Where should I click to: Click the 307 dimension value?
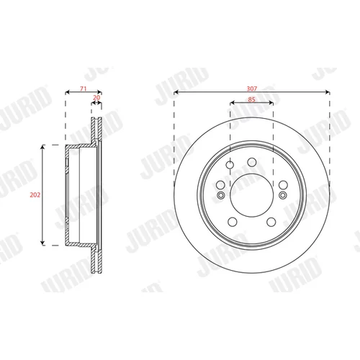[252, 89]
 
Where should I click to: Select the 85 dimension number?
[251, 99]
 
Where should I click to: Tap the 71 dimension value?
[83, 89]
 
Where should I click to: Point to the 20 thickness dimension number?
[96, 97]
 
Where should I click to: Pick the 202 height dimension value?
[35, 195]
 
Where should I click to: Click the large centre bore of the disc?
[251, 195]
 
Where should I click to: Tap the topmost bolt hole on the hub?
[252, 162]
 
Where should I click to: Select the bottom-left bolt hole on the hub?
[233, 222]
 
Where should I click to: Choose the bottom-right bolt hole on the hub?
[271, 222]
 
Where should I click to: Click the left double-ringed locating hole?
[221, 195]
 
